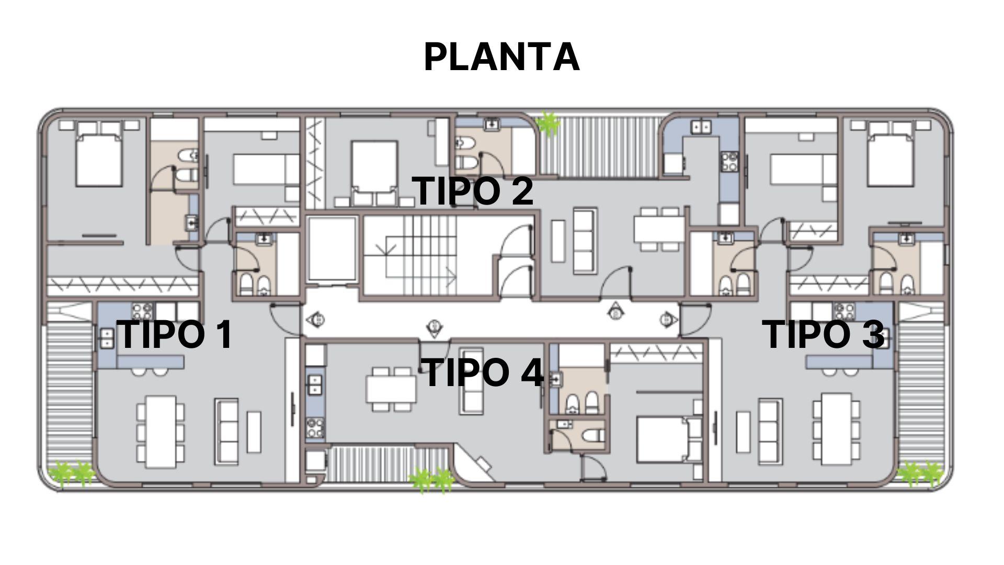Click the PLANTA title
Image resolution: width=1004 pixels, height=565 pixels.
coord(501,56)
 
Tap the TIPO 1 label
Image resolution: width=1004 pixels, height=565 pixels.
coord(176,334)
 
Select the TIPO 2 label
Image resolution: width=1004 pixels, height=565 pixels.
coord(473,190)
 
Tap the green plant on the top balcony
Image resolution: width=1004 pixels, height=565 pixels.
coord(549,124)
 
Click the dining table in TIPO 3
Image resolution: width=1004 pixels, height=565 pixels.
coord(836,429)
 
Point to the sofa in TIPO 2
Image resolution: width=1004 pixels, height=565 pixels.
coord(585,241)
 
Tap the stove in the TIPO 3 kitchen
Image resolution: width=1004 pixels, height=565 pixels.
coord(843,311)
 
